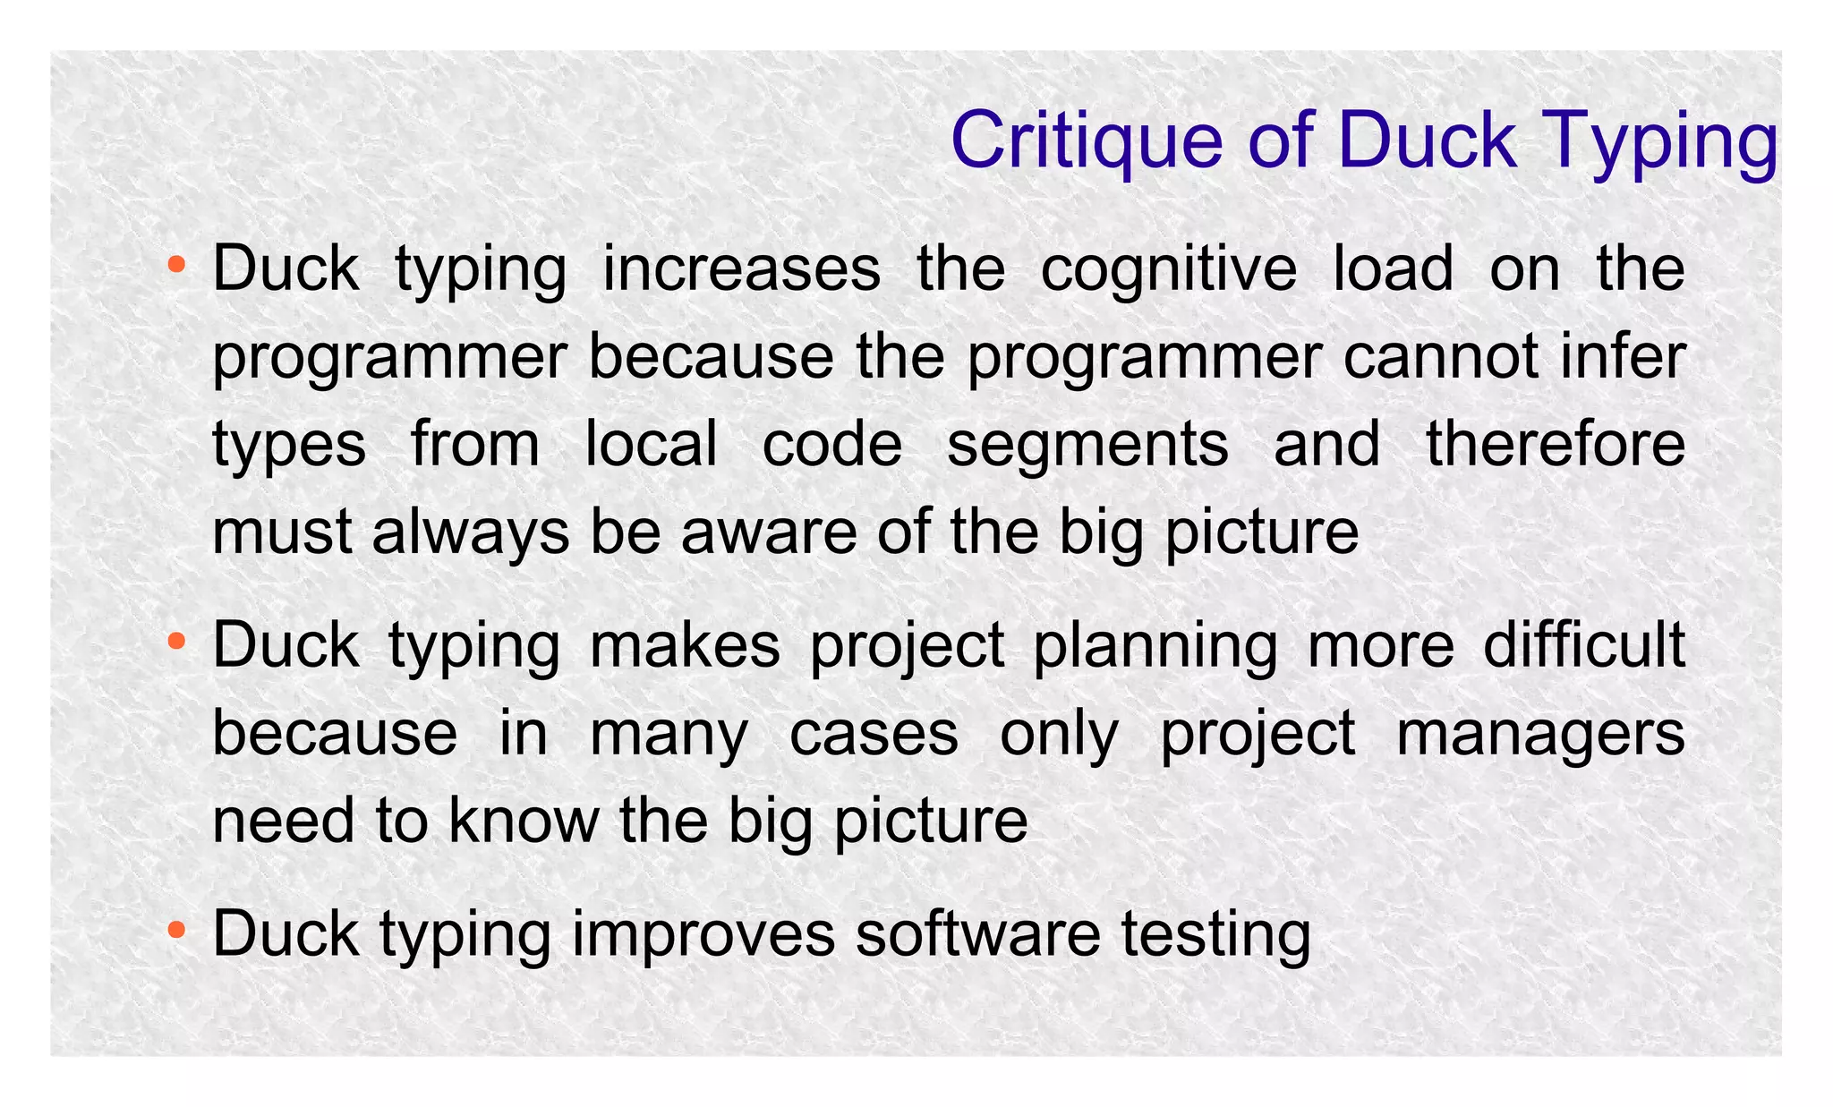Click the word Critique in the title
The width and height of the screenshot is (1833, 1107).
click(x=1086, y=141)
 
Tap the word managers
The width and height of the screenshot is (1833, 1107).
click(x=1540, y=735)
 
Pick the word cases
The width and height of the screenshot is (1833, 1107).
click(x=874, y=733)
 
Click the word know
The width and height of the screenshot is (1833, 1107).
click(x=524, y=820)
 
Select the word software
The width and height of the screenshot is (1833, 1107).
click(x=977, y=933)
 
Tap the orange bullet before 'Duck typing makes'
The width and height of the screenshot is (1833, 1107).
click(x=177, y=641)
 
